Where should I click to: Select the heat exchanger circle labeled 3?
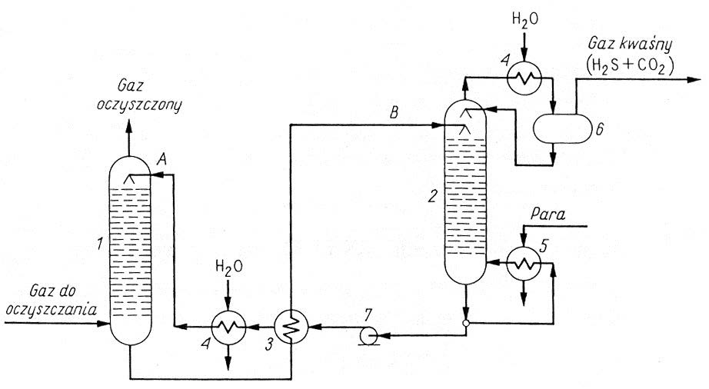pos(291,326)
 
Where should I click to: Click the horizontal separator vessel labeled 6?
pos(562,128)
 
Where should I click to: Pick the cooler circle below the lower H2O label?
pos(229,327)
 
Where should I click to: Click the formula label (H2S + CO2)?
pos(630,65)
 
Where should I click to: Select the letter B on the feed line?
pos(394,112)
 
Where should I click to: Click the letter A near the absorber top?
pos(162,159)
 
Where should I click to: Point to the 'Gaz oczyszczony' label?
pos(138,96)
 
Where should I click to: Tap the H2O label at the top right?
pos(524,19)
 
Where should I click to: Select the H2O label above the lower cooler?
pos(229,268)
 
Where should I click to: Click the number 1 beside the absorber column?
pos(100,244)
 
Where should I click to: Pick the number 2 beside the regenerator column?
pos(433,195)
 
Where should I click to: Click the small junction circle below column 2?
pos(466,323)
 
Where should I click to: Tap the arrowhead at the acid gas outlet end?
pos(694,80)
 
